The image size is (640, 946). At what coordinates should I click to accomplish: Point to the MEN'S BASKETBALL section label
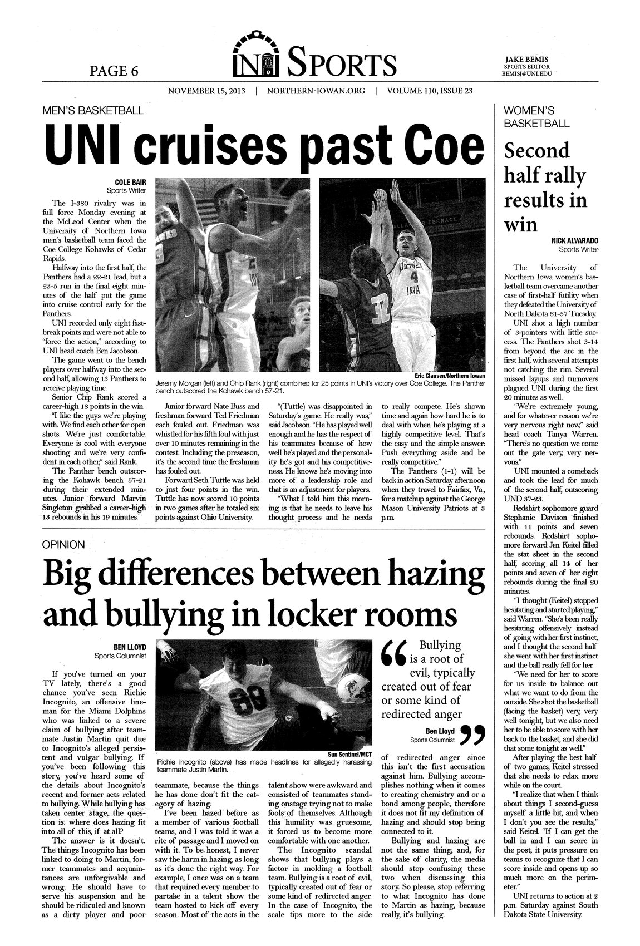pos(93,110)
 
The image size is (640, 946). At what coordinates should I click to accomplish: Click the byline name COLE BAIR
pos(130,182)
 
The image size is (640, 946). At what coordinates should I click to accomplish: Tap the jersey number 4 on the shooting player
pos(413,274)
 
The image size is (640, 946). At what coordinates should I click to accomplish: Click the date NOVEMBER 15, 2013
pos(206,91)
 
